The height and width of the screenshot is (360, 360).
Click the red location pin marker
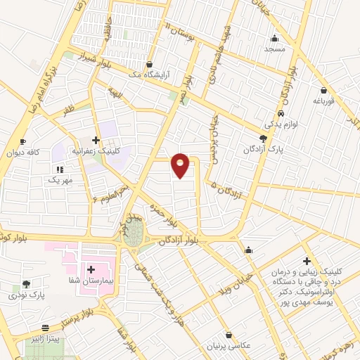(x=181, y=165)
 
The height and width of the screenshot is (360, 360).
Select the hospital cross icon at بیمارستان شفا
(x=91, y=269)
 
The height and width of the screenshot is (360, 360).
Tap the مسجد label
(x=275, y=49)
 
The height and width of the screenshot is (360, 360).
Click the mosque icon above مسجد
(x=274, y=38)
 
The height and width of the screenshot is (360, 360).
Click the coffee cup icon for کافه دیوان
(x=23, y=141)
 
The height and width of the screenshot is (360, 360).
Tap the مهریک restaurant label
(x=60, y=180)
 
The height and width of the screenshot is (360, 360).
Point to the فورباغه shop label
(x=323, y=101)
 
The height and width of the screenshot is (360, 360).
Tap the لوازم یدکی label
(x=280, y=123)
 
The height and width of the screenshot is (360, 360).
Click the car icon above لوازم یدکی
(x=281, y=113)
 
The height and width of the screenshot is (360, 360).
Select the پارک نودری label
(x=27, y=295)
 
